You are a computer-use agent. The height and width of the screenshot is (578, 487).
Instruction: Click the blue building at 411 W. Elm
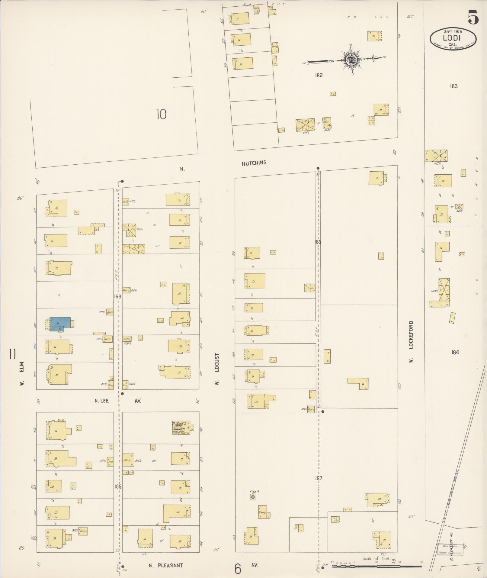[x=60, y=324]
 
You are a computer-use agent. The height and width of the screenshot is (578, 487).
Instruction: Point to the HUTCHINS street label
[x=254, y=163]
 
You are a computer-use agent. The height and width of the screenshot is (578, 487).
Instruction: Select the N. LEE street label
[x=101, y=401]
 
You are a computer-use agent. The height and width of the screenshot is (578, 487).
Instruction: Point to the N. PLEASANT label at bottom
[x=166, y=565]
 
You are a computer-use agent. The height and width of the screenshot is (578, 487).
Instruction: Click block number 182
[x=319, y=75]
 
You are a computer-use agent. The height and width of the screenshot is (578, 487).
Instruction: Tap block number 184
[x=455, y=352]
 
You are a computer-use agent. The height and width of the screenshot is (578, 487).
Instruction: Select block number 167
[x=319, y=478]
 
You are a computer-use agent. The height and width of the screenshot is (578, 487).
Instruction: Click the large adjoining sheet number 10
[x=162, y=115]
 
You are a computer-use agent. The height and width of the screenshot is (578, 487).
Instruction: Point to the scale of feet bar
[x=377, y=566]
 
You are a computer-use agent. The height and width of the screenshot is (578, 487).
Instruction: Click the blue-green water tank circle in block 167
[x=253, y=497]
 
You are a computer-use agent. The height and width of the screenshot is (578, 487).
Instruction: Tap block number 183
[x=453, y=86]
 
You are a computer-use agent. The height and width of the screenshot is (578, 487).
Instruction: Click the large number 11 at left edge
[x=12, y=354]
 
